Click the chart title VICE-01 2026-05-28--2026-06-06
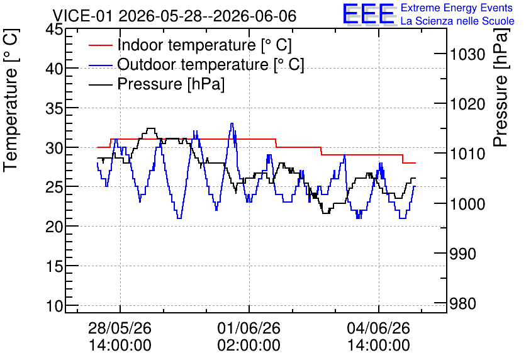174,16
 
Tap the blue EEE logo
369,14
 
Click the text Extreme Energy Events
457,8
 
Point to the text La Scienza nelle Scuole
457,21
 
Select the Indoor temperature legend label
204,45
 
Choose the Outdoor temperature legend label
210,64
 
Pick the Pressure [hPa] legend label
171,84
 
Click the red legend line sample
100,45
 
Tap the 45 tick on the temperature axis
53,30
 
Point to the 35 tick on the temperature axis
53,108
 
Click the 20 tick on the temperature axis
53,227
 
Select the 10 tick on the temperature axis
53,306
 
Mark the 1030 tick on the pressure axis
467,54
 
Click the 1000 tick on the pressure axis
467,204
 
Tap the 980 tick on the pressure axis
462,303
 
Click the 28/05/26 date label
120,328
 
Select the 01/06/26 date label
249,328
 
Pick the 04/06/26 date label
378,328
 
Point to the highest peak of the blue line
232,123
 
